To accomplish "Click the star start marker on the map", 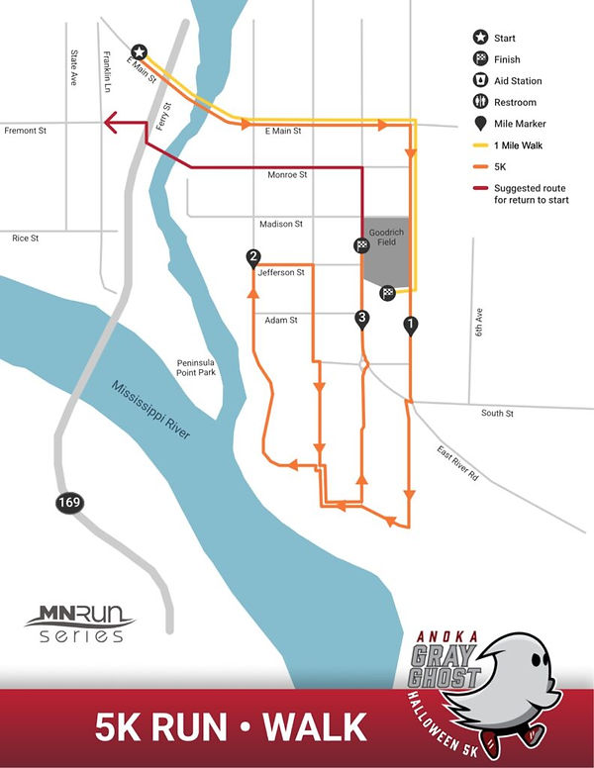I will tap(140, 51).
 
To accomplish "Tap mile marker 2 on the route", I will tap(253, 257).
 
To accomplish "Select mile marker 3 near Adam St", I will tap(362, 318).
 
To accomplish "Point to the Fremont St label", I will tap(26, 130).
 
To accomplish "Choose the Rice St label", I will tap(25, 238).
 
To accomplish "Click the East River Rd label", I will tap(458, 463).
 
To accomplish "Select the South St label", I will tap(497, 413).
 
